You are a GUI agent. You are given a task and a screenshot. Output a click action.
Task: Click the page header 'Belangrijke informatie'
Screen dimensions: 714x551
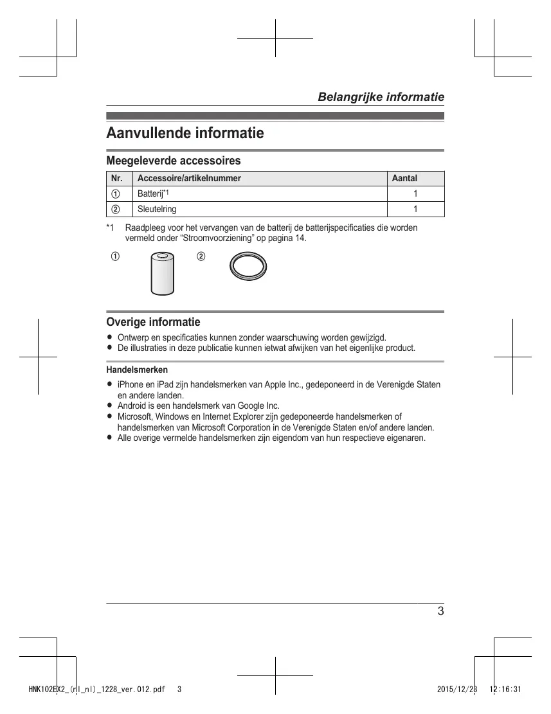pyautogui.click(x=381, y=97)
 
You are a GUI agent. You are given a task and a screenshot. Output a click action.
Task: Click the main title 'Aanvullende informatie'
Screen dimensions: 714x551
pyautogui.click(x=185, y=134)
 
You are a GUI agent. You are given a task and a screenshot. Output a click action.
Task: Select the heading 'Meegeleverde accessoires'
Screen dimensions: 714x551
pyautogui.click(x=173, y=160)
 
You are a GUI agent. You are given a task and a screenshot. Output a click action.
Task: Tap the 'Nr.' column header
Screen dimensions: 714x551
pyautogui.click(x=117, y=178)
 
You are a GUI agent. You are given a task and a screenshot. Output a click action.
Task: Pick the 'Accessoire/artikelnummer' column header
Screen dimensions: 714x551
pyautogui.click(x=189, y=178)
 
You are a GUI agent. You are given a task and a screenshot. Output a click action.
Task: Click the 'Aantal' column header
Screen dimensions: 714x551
pyautogui.click(x=404, y=178)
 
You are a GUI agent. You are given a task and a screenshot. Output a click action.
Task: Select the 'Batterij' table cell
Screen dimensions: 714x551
pyautogui.click(x=150, y=193)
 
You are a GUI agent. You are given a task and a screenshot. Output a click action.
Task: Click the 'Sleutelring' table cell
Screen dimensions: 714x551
pyautogui.click(x=157, y=209)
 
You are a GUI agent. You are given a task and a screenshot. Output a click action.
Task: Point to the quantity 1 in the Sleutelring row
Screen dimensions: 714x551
pyautogui.click(x=415, y=209)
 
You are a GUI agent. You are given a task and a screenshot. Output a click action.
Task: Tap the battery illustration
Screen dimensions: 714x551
pyautogui.click(x=163, y=274)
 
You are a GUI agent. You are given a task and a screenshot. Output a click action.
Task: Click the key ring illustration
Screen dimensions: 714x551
pyautogui.click(x=248, y=267)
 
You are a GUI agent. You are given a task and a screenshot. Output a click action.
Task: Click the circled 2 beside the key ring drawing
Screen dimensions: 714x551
pyautogui.click(x=201, y=257)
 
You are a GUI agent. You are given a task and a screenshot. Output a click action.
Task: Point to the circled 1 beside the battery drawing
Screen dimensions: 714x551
pyautogui.click(x=114, y=257)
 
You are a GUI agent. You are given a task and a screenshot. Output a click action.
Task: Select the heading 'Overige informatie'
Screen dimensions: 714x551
pyautogui.click(x=153, y=322)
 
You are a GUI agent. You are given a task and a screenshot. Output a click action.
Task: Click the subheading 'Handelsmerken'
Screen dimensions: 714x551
pyautogui.click(x=137, y=370)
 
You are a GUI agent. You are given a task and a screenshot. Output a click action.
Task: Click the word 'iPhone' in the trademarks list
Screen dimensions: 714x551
pyautogui.click(x=131, y=384)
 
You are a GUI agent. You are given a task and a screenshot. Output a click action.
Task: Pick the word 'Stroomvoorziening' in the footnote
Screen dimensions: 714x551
pyautogui.click(x=219, y=238)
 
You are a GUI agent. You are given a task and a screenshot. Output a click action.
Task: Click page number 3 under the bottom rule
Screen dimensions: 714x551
pyautogui.click(x=440, y=611)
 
